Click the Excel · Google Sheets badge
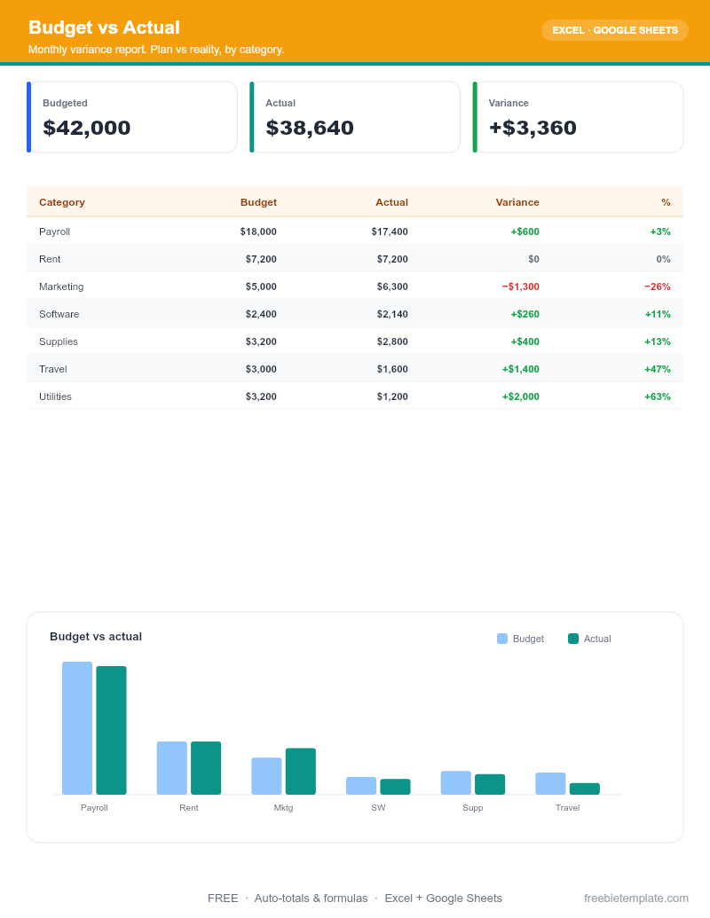click(614, 30)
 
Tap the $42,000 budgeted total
click(87, 128)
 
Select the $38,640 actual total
click(310, 128)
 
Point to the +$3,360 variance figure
click(532, 128)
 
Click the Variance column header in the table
click(517, 202)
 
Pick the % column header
click(666, 202)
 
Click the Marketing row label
click(61, 286)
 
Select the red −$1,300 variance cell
click(521, 286)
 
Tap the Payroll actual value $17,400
click(390, 231)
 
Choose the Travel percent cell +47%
click(658, 369)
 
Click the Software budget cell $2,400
click(261, 314)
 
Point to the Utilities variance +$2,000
click(521, 396)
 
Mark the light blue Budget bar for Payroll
click(77, 727)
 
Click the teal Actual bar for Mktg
click(301, 771)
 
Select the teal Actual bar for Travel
click(585, 789)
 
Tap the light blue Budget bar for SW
click(361, 786)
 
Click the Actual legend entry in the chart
click(589, 639)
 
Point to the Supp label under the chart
click(473, 808)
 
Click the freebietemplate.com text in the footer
click(636, 898)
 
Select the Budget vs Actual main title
click(104, 27)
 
